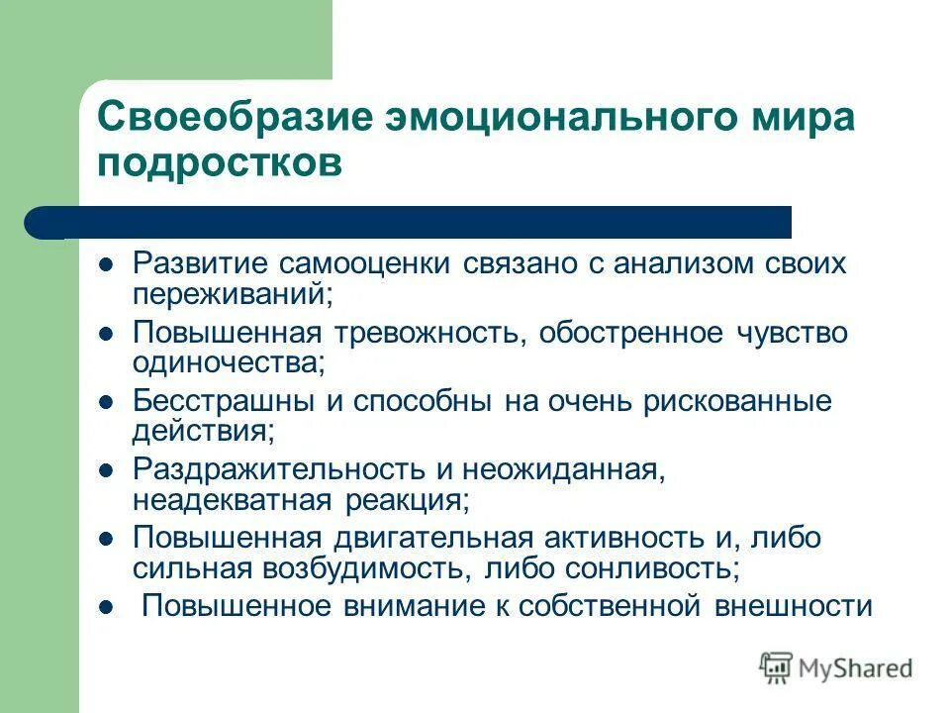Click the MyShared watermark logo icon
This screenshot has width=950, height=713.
[x=777, y=667]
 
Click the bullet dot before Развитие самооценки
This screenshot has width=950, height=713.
[x=107, y=265]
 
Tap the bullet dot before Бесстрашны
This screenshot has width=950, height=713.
[x=107, y=403]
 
